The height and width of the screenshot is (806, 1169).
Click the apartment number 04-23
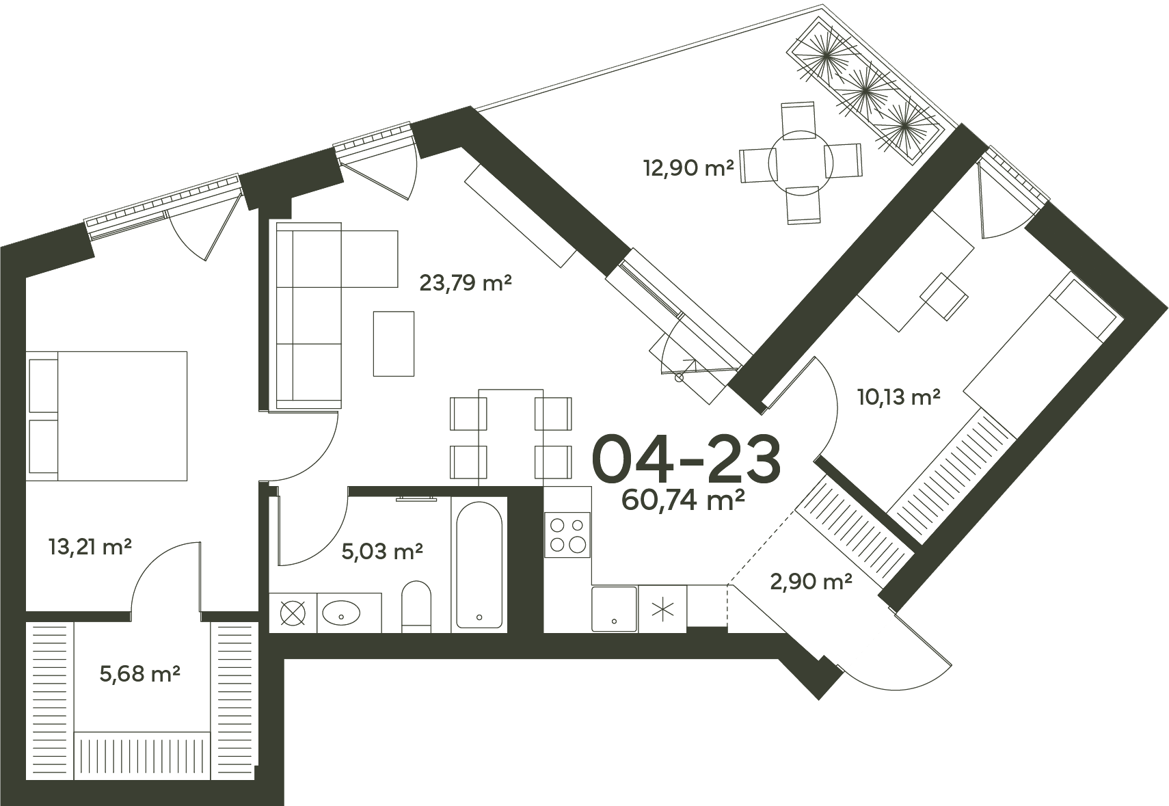tap(686, 458)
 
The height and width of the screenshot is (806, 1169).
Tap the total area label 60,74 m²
tap(683, 500)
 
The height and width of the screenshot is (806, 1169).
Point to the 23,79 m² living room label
tap(465, 283)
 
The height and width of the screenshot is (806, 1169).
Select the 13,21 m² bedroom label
tap(90, 547)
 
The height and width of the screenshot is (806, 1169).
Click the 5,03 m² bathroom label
tap(382, 551)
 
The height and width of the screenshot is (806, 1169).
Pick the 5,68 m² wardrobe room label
tap(140, 674)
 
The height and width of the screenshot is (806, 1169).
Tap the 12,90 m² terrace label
tap(688, 168)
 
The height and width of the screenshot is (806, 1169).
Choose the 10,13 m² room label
tap(899, 397)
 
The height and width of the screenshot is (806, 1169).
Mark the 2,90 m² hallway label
tap(811, 582)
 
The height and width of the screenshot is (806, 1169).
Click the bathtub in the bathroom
tap(479, 565)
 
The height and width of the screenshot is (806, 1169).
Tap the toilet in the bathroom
tap(416, 606)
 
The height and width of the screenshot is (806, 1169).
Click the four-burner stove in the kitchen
tap(567, 535)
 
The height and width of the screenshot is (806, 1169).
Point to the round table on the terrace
tap(801, 163)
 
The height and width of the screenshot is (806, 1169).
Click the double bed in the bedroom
tap(107, 416)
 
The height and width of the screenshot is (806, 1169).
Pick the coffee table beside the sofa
tap(394, 343)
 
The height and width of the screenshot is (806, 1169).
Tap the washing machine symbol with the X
tap(293, 613)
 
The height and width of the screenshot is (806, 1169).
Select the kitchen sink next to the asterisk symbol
tap(615, 608)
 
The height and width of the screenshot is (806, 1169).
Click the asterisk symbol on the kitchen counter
tap(662, 610)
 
